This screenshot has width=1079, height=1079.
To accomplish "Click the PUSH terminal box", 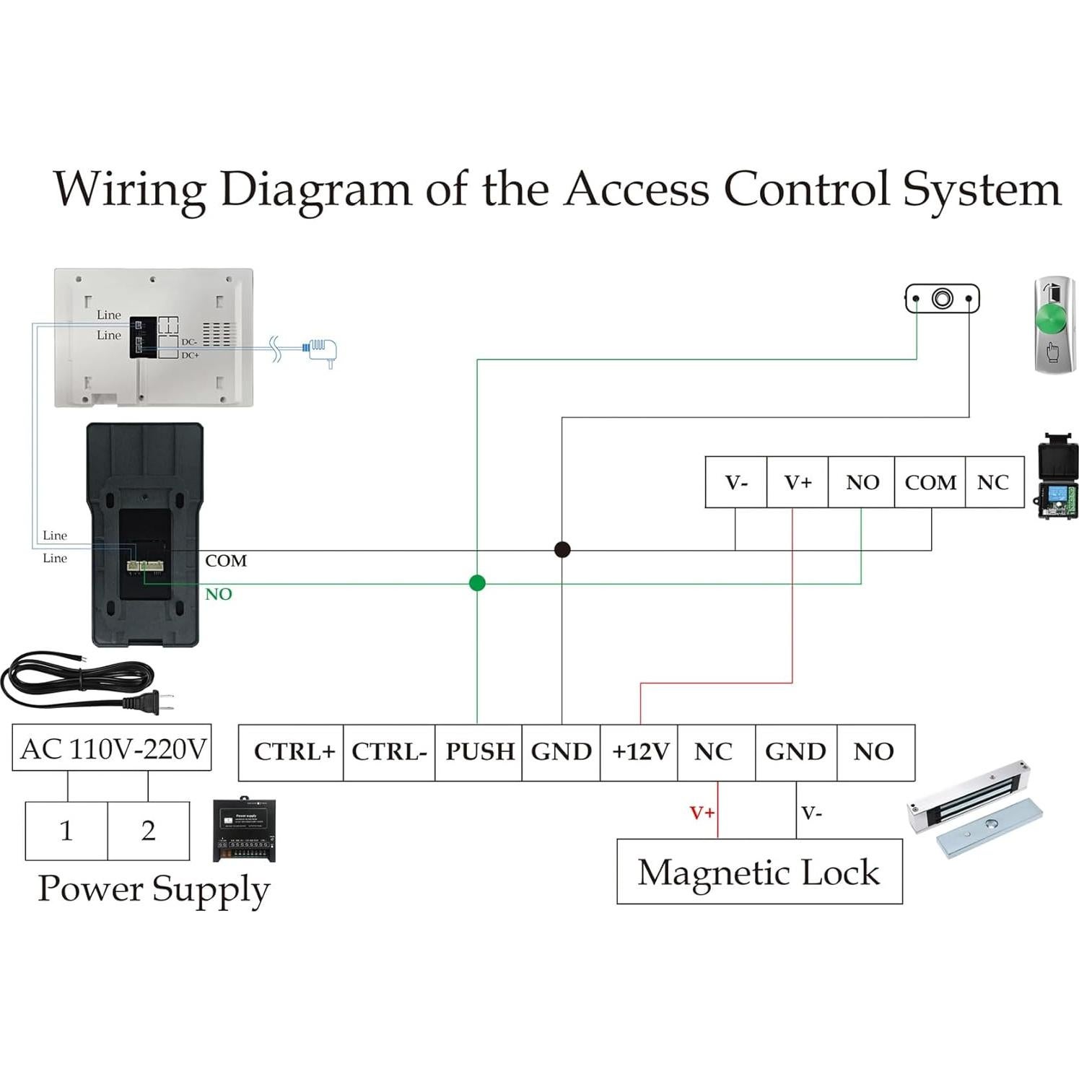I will tap(479, 752).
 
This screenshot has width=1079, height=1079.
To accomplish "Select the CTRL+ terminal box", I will tap(292, 752).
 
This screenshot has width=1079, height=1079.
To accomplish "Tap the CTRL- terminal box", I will tap(389, 752).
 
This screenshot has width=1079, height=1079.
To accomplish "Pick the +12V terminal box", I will tap(639, 752).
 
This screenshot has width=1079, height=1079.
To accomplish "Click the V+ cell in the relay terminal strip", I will tap(798, 482).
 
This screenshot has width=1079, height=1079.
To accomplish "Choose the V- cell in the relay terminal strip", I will tap(736, 482).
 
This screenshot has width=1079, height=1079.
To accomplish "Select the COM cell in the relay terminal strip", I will tap(930, 482).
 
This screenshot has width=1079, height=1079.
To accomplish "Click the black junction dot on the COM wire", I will tap(562, 550).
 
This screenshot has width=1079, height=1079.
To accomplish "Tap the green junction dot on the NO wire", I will tap(477, 583).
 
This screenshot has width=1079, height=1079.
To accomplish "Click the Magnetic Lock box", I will tap(759, 871).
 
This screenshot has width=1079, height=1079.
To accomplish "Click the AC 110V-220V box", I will tap(113, 748).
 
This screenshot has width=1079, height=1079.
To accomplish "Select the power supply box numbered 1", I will tap(66, 831).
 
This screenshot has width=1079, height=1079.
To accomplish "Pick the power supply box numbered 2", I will tap(149, 831).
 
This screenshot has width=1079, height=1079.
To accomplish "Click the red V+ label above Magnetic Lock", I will tap(702, 813).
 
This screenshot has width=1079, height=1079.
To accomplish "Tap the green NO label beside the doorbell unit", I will tap(218, 594).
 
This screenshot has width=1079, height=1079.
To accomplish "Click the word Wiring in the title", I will tap(130, 189).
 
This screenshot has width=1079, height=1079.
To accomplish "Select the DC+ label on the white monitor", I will tap(190, 355).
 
